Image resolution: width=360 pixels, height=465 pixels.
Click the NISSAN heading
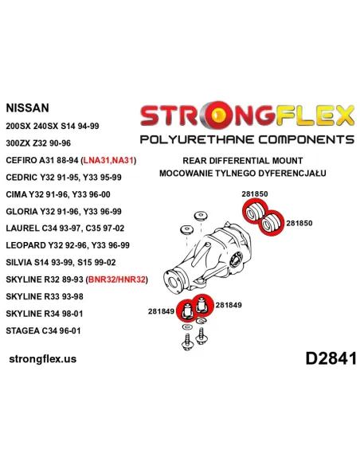point(27,108)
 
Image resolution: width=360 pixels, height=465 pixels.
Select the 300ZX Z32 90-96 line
point(38,143)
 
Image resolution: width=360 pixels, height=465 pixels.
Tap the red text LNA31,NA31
point(108,160)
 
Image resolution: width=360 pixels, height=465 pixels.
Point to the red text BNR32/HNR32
point(117,279)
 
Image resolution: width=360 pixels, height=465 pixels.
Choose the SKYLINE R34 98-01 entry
point(45,314)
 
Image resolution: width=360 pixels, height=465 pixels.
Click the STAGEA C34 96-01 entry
point(43,330)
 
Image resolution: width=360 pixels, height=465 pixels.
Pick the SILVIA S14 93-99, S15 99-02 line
point(61,263)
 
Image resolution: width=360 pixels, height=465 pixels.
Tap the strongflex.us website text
point(43,359)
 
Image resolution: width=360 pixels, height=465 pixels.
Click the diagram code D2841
point(331,358)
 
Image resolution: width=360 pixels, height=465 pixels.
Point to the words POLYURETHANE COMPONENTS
point(247,139)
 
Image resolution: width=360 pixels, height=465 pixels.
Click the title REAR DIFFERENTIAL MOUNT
point(243,161)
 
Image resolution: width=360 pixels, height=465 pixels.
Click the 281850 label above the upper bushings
point(255,194)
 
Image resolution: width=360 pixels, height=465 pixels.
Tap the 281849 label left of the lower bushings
point(161,311)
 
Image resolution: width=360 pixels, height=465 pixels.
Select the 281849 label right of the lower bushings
point(229,305)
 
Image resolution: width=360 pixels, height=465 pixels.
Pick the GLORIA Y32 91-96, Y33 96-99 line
point(64,212)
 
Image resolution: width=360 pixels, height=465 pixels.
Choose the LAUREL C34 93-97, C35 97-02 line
point(65,229)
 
